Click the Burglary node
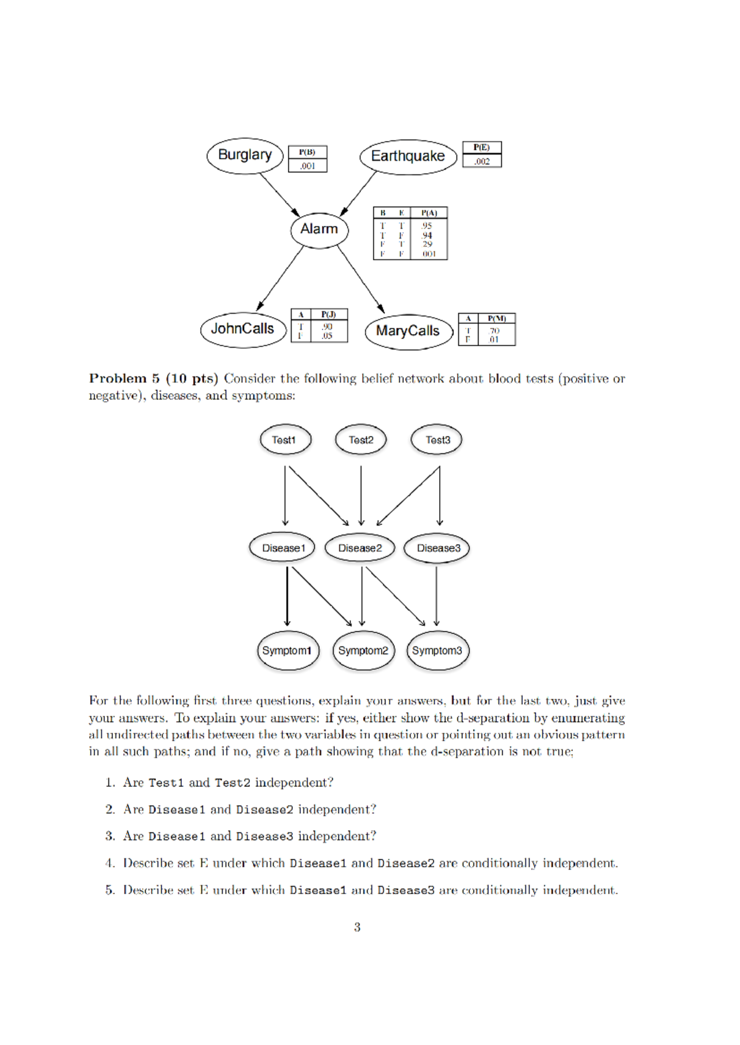point(245,155)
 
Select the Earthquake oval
point(408,157)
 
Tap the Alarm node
point(319,229)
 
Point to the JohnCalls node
point(243,329)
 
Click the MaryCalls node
point(408,331)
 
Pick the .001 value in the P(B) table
point(307,166)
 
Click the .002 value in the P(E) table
point(482,161)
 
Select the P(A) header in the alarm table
point(429,213)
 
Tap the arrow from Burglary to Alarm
point(279,195)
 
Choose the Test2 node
point(361,440)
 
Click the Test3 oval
point(437,440)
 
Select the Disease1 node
point(282,548)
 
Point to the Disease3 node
point(437,548)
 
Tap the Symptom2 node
point(363,651)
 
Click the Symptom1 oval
point(287,651)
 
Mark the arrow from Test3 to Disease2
point(408,496)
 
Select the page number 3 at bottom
point(357,927)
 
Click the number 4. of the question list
point(110,863)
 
